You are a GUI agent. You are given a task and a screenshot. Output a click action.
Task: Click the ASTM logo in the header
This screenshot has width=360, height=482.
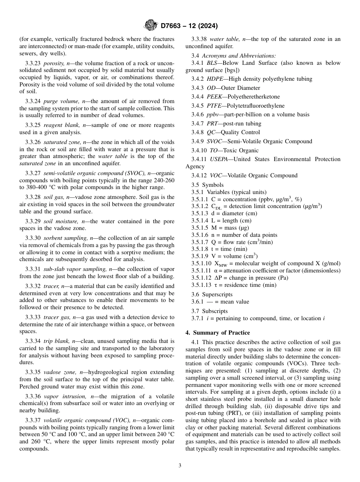[x=151, y=26]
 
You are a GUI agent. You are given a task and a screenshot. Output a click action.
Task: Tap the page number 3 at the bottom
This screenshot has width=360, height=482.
[x=180, y=466]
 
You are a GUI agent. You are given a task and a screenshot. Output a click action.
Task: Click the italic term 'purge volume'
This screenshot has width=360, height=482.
[x=59, y=101]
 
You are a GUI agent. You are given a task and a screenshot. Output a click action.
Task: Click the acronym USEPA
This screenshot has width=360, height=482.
[x=218, y=159]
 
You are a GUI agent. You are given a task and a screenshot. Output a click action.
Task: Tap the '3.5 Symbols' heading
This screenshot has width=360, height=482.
[x=207, y=185]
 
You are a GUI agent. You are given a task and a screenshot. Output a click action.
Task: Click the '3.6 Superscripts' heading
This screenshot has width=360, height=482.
[x=212, y=294]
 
